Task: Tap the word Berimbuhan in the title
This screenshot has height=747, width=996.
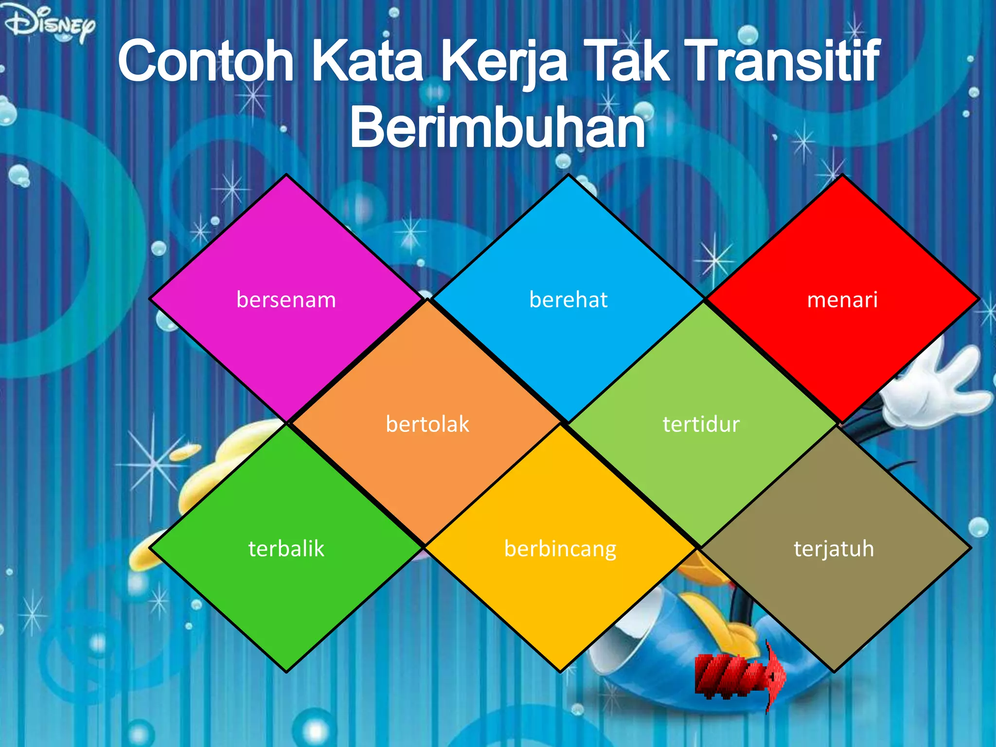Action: point(497,127)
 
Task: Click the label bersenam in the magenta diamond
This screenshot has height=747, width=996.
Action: point(286,300)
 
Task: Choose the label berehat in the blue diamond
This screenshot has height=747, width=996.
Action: point(568,300)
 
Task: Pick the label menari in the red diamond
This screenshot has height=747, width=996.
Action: point(842,300)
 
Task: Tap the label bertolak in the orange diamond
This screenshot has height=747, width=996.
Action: point(427,424)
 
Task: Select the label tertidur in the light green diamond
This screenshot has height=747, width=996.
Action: point(701,424)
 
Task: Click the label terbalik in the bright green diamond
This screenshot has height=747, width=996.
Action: point(286,549)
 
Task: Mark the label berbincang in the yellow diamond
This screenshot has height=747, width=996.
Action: point(560,549)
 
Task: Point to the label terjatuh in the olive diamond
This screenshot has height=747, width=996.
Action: point(834,549)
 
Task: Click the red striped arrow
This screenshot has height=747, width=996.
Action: point(739,676)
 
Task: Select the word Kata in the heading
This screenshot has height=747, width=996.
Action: point(367,62)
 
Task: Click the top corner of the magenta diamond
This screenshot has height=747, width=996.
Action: point(286,176)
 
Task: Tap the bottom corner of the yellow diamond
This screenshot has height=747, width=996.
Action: point(561,671)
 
